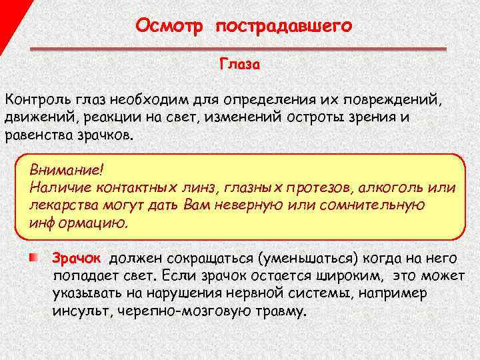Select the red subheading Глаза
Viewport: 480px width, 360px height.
tap(240, 65)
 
